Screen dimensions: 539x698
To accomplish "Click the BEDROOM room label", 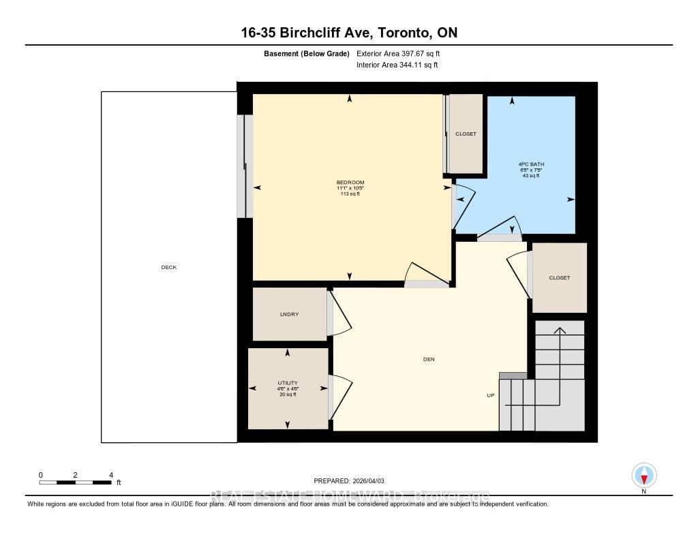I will tap(350, 182).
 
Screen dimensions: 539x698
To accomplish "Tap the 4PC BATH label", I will tap(531, 164).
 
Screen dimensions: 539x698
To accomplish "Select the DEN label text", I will tap(429, 359).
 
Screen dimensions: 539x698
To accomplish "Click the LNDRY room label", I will tap(289, 314).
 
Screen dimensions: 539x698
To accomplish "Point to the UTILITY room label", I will tap(287, 382).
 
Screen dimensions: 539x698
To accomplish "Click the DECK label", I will tap(168, 267).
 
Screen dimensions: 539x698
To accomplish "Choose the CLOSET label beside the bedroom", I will tap(466, 134).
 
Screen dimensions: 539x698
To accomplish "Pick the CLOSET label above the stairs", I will tap(559, 277).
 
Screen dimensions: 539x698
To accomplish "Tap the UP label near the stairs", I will tap(490, 395).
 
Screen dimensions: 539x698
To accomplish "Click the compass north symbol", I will tap(643, 475).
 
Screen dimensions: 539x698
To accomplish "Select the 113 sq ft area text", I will tap(350, 194).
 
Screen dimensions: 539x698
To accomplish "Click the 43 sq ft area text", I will tap(531, 176).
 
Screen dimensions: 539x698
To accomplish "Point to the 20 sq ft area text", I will tap(287, 395).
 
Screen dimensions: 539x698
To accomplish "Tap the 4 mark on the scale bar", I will tap(110, 474).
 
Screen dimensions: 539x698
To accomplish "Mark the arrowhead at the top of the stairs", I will tap(559, 330).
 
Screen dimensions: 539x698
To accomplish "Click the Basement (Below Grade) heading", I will tap(307, 53).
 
